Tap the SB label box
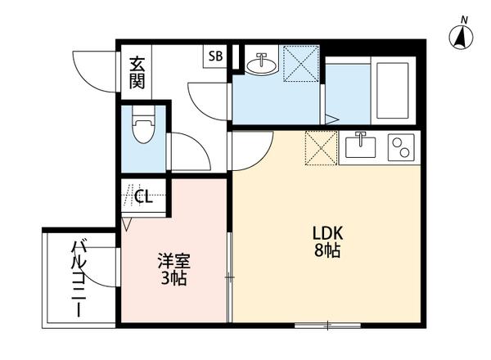215,56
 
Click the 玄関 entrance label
137,72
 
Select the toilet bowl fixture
143,129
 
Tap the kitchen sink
361,147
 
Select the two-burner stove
401,147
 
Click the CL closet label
143,196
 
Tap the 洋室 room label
173,263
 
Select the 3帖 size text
173,279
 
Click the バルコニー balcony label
79,277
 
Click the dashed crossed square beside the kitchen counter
321,148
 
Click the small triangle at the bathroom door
331,119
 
